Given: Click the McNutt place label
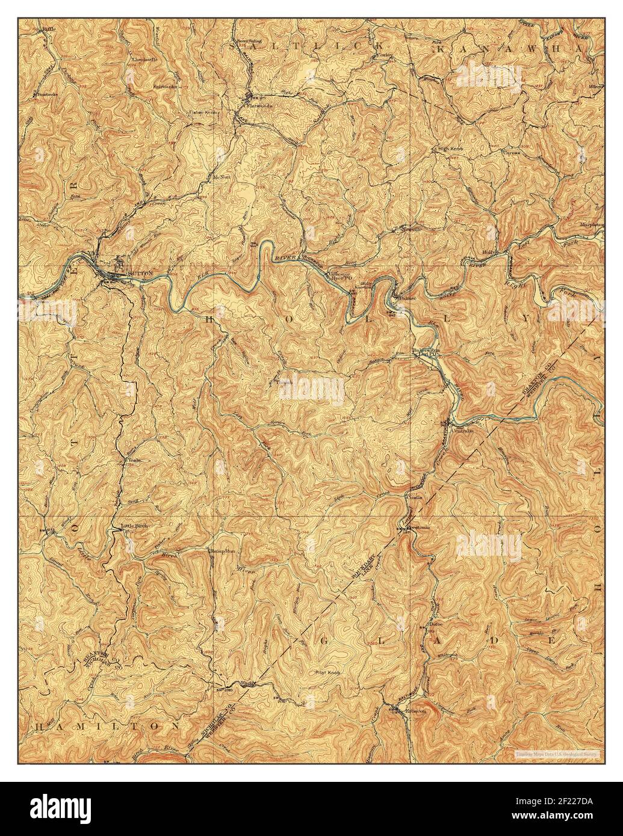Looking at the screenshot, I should (222, 177).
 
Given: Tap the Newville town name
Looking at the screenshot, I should (411, 230).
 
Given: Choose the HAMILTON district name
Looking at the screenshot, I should (108, 727).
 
